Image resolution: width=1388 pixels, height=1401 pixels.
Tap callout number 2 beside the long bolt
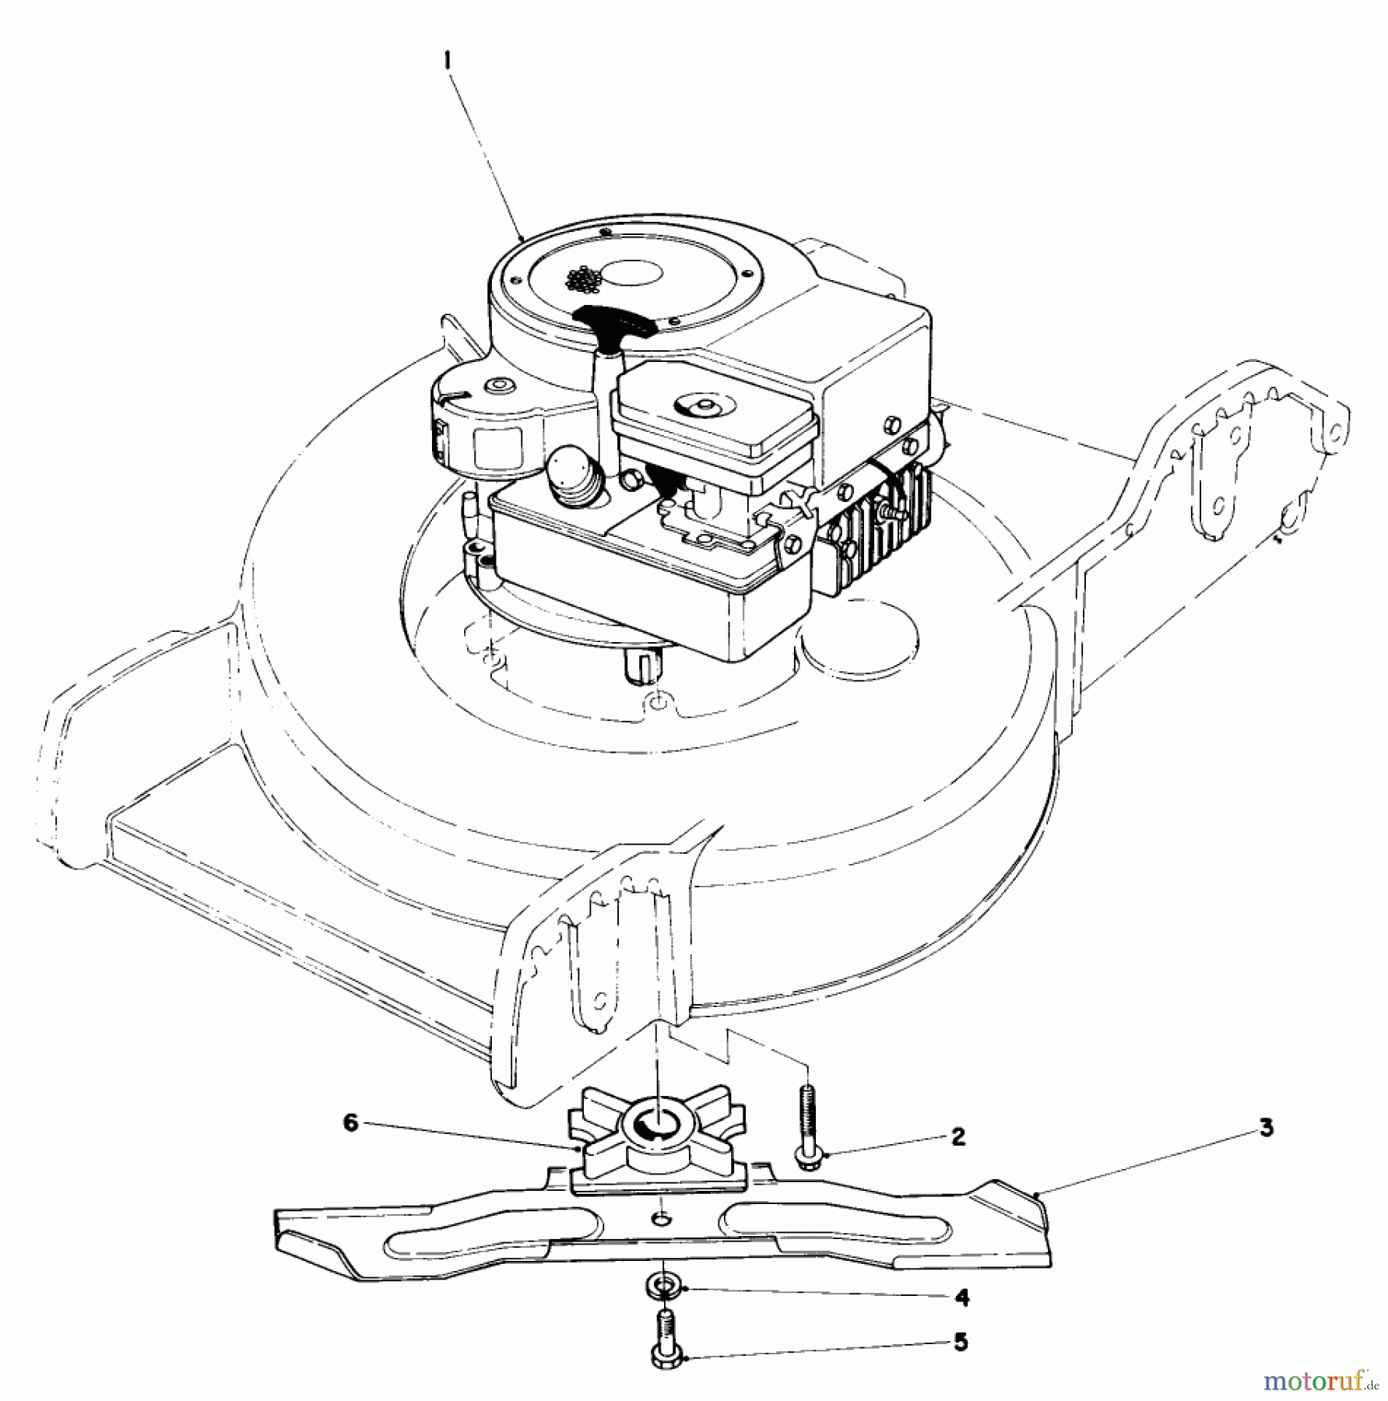pyautogui.click(x=958, y=1137)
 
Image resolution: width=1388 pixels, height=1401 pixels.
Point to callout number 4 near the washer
pyautogui.click(x=962, y=1297)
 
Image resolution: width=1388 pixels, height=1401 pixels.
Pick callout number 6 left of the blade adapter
pyautogui.click(x=352, y=1125)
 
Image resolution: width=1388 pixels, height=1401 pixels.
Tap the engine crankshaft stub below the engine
pyautogui.click(x=641, y=665)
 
